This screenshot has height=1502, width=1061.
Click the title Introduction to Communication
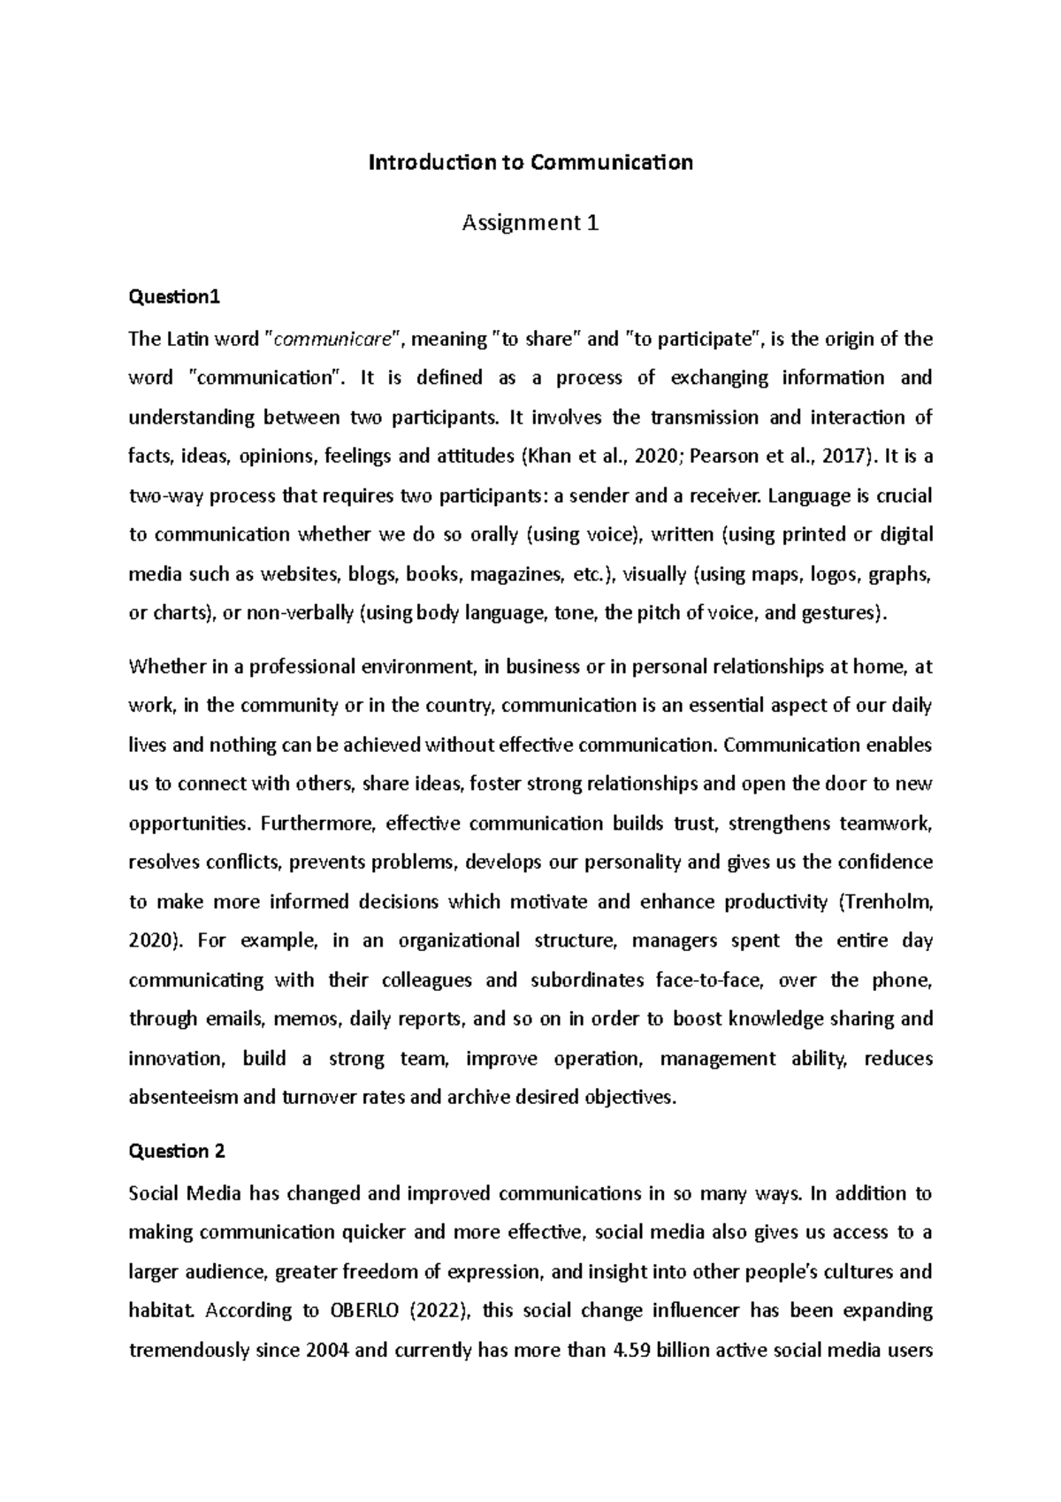pos(530,163)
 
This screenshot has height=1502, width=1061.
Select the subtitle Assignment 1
pos(530,223)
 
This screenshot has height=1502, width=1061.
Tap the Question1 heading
pos(172,298)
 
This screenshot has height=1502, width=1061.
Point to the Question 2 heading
pos(177,1151)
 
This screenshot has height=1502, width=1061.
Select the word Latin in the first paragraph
pos(191,339)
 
